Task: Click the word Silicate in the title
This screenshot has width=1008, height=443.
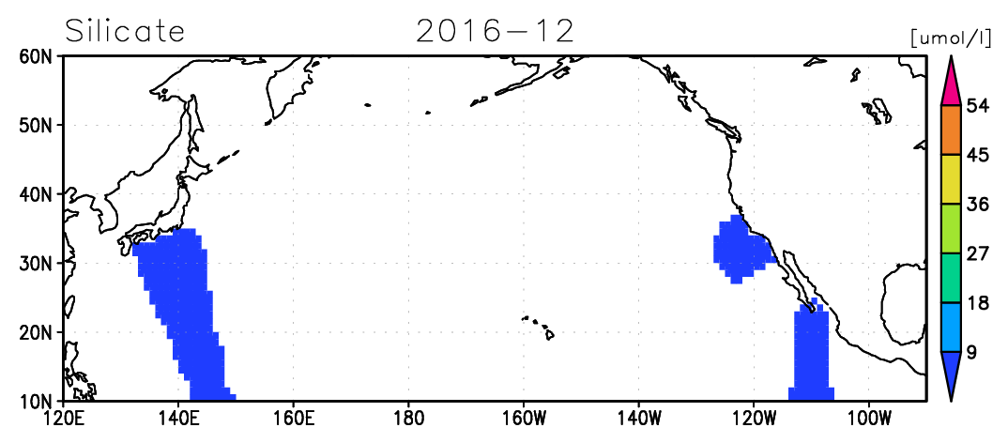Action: coord(125,31)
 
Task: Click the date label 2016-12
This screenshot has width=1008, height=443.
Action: coord(495,31)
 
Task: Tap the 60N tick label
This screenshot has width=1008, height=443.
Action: coord(38,56)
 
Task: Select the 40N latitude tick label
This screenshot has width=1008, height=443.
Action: coord(38,193)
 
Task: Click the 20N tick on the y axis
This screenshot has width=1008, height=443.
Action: coord(38,331)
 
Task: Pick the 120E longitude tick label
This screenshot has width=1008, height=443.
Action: coord(64,419)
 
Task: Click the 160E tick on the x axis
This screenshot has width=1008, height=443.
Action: coord(293,419)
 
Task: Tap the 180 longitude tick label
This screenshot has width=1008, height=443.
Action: coord(408,419)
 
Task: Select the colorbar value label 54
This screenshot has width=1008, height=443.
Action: coord(977,106)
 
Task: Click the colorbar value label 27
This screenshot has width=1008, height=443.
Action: coord(977,253)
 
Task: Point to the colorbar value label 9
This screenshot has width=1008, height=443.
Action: coord(972,352)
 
